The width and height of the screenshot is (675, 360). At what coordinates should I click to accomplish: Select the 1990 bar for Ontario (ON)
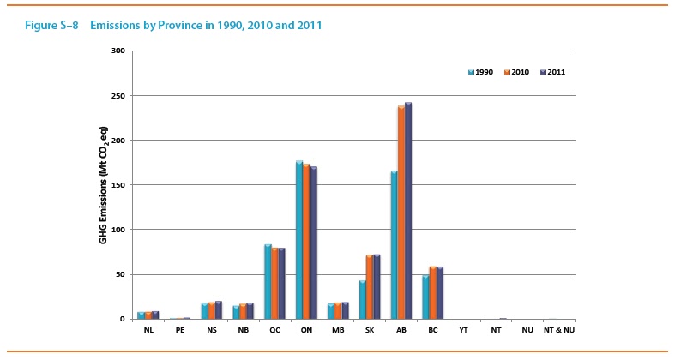pyautogui.click(x=299, y=240)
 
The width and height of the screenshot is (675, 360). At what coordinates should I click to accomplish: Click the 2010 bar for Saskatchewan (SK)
pyautogui.click(x=370, y=287)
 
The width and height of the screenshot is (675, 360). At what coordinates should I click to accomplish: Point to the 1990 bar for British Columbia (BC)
pyautogui.click(x=425, y=297)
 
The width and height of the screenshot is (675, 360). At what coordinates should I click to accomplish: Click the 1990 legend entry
pyautogui.click(x=481, y=72)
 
